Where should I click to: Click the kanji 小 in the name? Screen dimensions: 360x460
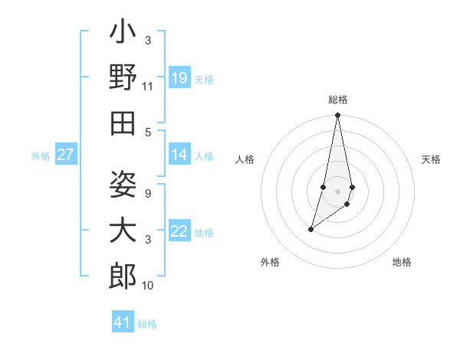(x=123, y=35)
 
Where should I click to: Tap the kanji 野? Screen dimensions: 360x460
(x=123, y=77)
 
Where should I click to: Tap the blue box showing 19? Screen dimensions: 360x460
(x=179, y=78)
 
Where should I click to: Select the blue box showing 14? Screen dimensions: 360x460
(x=179, y=155)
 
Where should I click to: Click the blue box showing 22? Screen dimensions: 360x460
(x=179, y=231)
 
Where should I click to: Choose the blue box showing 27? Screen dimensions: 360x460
(x=66, y=155)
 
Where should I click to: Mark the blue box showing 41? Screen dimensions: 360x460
(x=123, y=322)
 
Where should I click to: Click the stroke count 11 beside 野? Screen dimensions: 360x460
(x=148, y=87)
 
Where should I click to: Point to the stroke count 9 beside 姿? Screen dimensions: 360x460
(x=148, y=194)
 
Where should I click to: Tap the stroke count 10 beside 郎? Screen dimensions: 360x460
(x=148, y=286)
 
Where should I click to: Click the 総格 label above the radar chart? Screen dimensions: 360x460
(x=338, y=100)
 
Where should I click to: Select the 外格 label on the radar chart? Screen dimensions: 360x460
(x=270, y=262)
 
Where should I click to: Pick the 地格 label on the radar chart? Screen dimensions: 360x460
(x=402, y=262)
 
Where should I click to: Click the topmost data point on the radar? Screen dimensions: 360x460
(x=337, y=116)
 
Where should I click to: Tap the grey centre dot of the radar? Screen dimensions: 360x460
(x=337, y=191)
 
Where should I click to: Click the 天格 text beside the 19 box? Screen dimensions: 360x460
(x=204, y=79)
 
